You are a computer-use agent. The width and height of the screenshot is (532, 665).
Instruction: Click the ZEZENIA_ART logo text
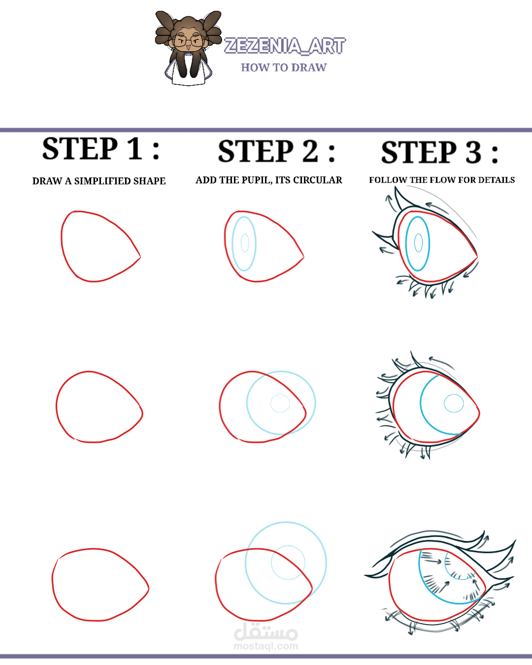point(285,46)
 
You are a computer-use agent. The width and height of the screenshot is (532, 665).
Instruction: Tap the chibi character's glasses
point(188,41)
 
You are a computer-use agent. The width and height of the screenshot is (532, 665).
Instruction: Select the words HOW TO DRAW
point(284,67)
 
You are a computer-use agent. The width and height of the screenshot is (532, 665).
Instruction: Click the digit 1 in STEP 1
point(135,149)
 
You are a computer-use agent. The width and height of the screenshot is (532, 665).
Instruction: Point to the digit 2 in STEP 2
point(310,151)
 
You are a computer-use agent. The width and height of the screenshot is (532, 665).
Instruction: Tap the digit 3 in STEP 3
point(473,152)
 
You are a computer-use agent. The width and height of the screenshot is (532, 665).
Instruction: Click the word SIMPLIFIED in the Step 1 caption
point(103,181)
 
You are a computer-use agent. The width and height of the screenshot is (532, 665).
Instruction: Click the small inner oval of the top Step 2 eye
point(245,243)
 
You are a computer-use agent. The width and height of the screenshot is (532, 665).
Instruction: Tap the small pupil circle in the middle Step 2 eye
point(280,403)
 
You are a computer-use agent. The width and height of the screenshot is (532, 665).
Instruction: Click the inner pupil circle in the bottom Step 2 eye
point(288,563)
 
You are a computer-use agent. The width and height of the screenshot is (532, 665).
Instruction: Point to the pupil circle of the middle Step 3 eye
point(454,403)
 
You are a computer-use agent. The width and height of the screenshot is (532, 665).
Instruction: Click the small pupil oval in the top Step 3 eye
point(418,243)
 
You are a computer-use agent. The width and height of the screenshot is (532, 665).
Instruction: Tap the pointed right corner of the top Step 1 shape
point(140,257)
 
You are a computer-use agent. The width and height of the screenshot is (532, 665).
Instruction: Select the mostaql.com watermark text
point(266,646)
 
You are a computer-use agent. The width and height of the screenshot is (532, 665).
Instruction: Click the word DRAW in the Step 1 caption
point(47,181)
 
